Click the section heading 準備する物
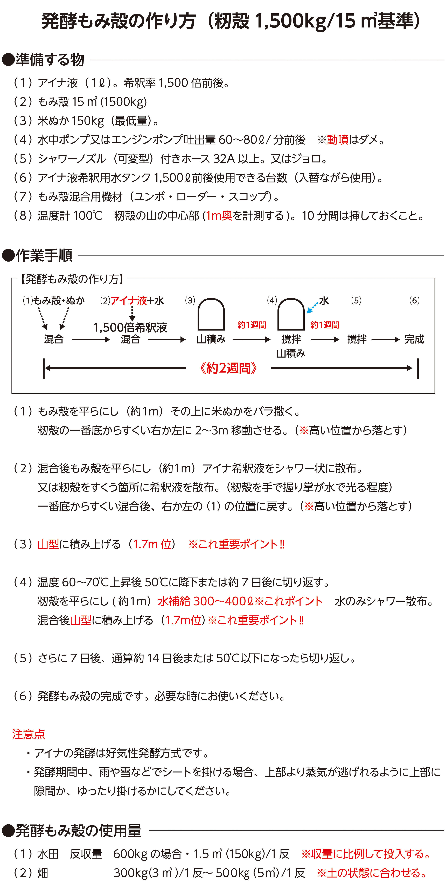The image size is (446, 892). pyautogui.click(x=50, y=60)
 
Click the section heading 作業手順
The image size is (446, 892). pyautogui.click(x=44, y=255)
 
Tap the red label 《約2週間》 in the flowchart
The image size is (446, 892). pyautogui.click(x=228, y=368)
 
